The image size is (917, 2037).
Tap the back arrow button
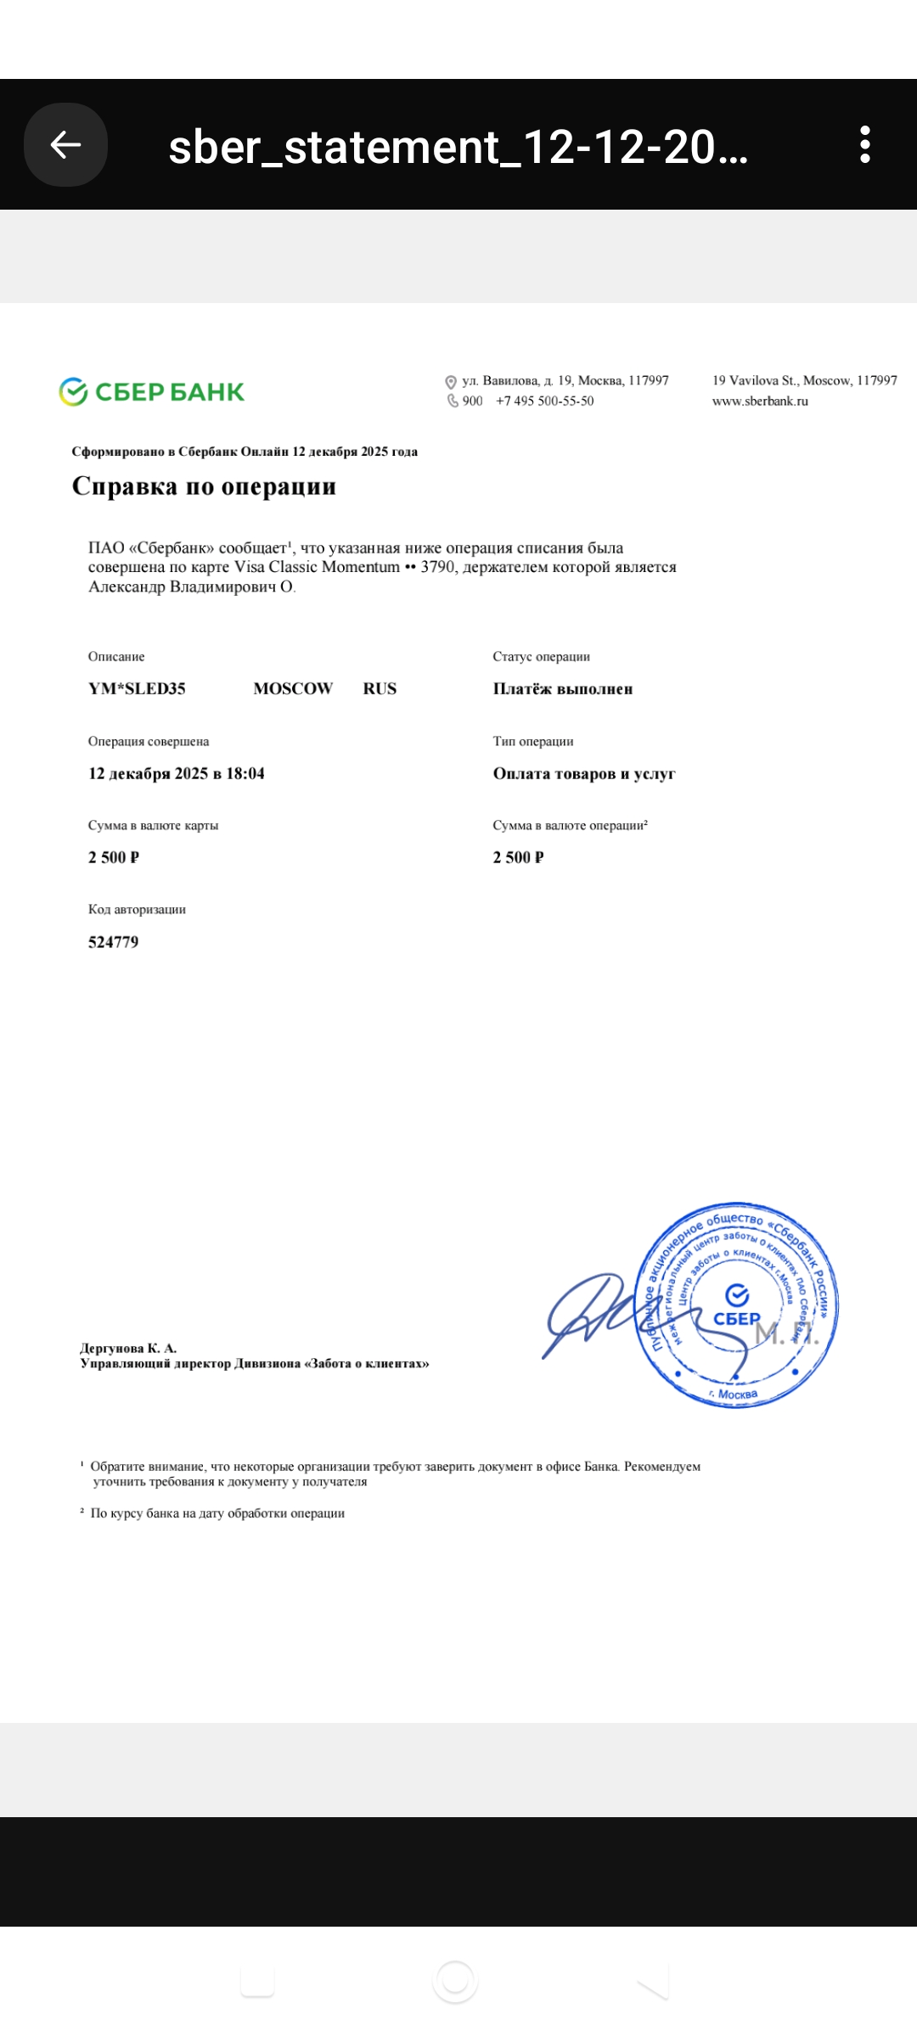[x=65, y=145]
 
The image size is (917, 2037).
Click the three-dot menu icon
[x=864, y=145]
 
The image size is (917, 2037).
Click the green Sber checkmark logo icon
[x=74, y=392]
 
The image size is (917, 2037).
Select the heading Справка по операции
[x=204, y=486]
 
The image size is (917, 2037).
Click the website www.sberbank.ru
[x=760, y=401]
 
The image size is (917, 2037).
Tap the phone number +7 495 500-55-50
[x=544, y=401]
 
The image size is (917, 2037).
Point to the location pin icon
[x=451, y=382]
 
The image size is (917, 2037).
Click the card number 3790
[x=438, y=567]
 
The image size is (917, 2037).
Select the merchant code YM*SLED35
[x=137, y=689]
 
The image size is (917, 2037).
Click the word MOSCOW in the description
[x=293, y=689]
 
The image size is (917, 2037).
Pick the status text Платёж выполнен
[x=562, y=689]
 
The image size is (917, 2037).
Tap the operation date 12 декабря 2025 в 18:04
[x=177, y=773]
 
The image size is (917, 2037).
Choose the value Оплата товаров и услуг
[x=584, y=773]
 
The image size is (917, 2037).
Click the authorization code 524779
[x=113, y=942]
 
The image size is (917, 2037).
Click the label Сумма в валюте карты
[x=153, y=825]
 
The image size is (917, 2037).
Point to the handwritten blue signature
[x=594, y=1311]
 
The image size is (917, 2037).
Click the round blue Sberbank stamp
[x=737, y=1305]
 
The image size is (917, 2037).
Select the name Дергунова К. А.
[x=128, y=1348]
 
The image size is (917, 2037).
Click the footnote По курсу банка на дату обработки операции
[x=217, y=1513]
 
